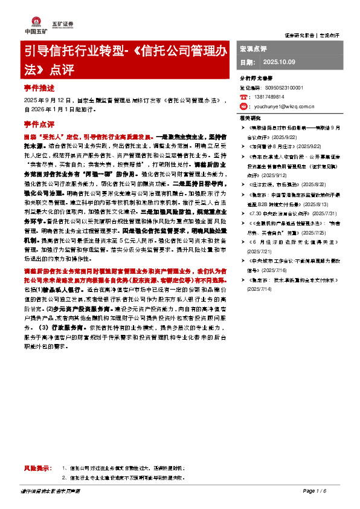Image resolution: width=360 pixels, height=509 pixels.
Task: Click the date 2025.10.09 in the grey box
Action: [280, 62]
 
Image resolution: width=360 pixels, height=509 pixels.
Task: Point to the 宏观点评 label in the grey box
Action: [254, 48]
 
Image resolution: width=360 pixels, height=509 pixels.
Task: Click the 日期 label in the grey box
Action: [247, 62]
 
